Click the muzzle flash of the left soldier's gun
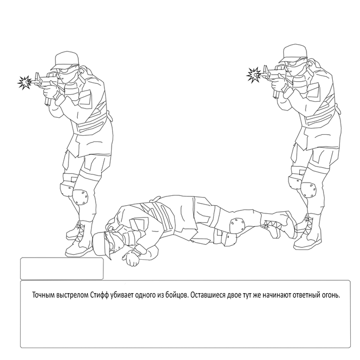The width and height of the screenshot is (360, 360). [25, 82]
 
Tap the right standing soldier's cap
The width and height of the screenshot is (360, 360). [293, 53]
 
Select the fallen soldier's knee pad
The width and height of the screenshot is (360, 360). [237, 223]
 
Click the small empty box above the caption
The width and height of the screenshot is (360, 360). [62, 268]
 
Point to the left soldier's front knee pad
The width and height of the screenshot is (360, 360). [80, 197]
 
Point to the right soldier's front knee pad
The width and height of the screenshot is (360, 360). [308, 190]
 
